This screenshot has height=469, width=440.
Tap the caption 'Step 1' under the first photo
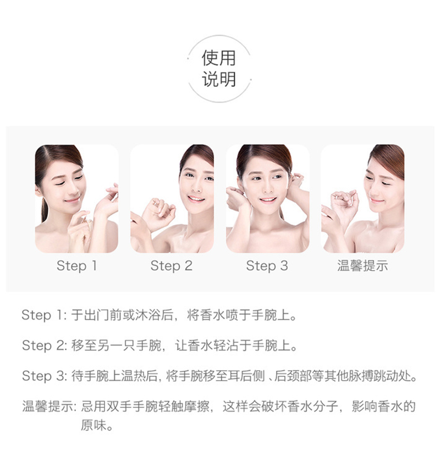point(76,266)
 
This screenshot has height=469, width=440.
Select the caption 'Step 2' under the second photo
point(172,266)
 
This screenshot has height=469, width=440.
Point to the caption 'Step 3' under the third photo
point(267,266)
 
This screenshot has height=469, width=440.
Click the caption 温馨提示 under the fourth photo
point(362,266)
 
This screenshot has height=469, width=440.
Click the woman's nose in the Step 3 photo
point(267,189)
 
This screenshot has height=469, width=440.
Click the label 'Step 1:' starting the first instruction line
point(45,315)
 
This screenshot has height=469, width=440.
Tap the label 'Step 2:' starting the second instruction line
point(45,346)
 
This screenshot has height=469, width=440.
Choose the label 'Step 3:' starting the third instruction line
point(45,376)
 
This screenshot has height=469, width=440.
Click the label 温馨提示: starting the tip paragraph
point(49,407)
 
